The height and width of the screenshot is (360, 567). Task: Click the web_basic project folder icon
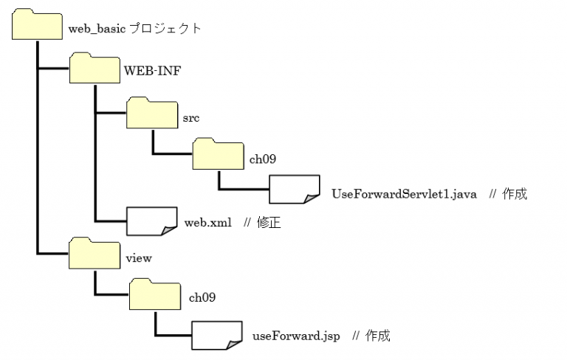point(37,27)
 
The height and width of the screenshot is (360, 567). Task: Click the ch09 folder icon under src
point(218,153)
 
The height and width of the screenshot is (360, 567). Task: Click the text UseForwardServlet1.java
point(405,195)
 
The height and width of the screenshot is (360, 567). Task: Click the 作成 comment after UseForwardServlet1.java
point(515,195)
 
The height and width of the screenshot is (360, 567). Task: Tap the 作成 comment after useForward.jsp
point(378,336)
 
